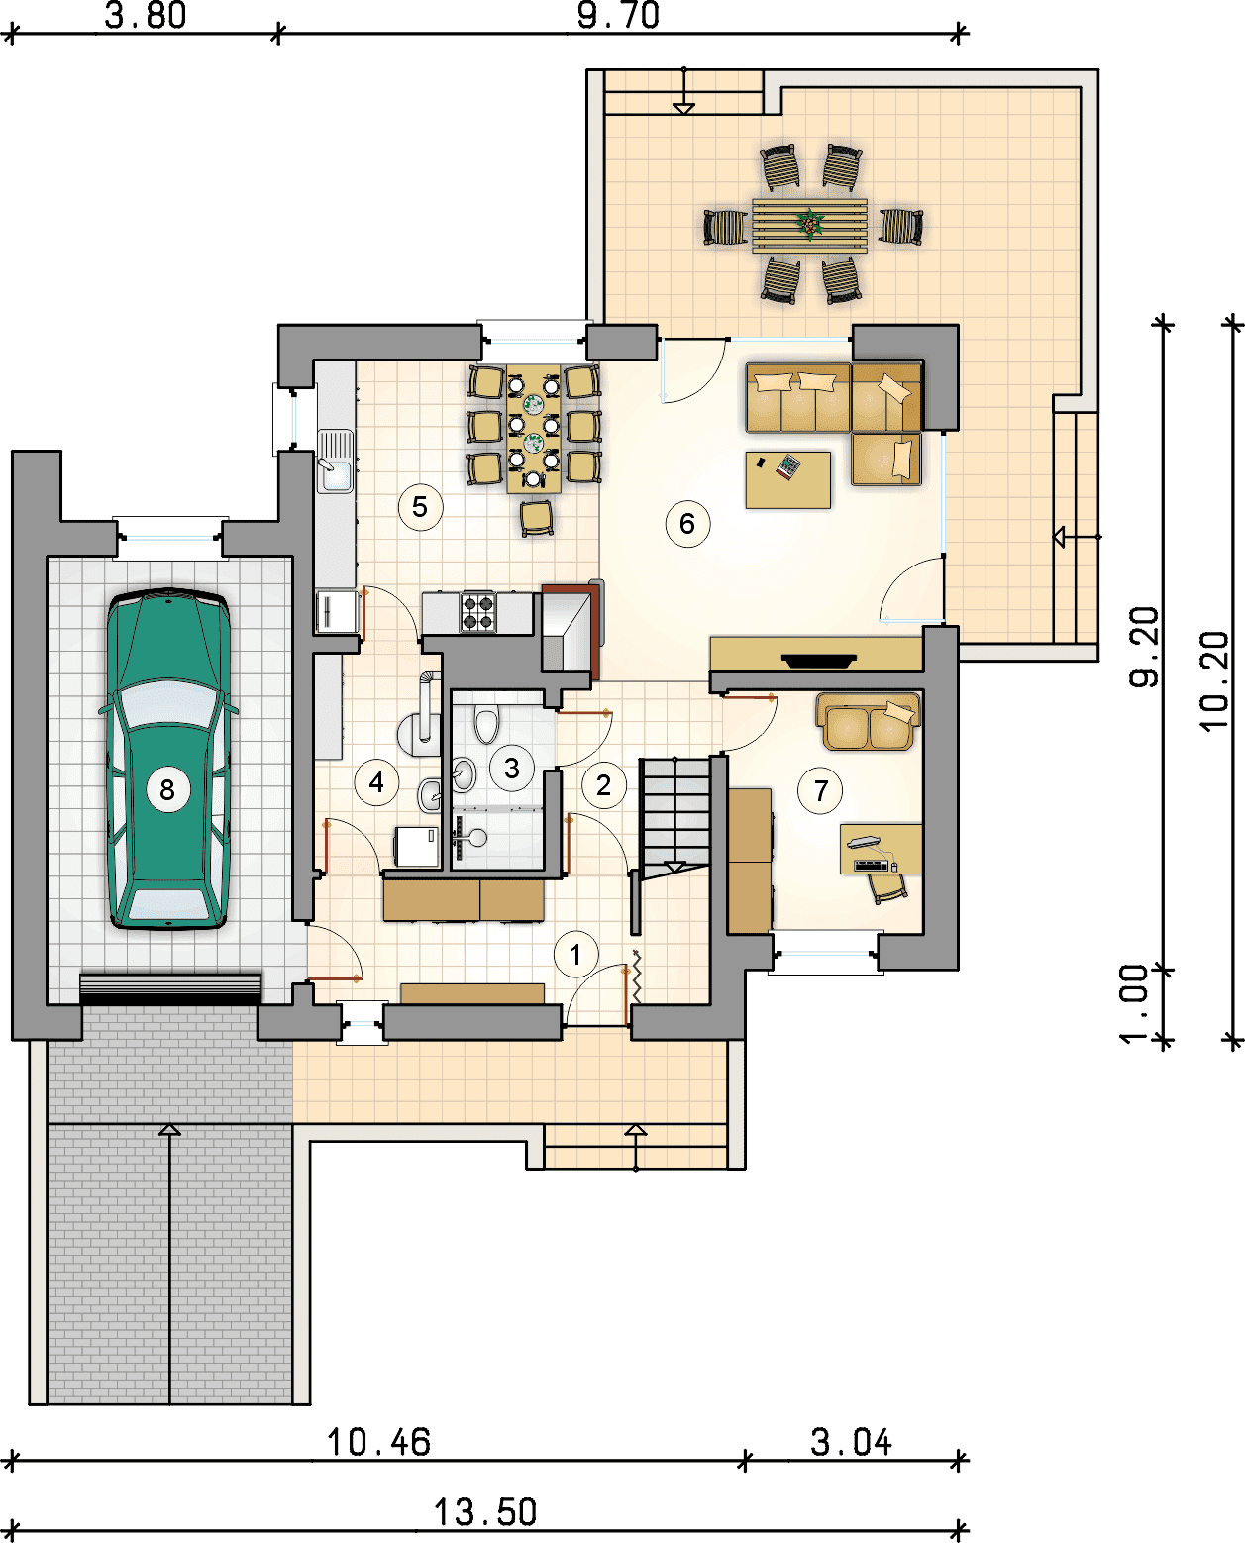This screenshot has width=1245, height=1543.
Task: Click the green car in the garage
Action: point(168,760)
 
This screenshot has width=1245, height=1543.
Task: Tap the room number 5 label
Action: point(420,507)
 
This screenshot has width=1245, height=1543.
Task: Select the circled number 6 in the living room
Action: point(687,524)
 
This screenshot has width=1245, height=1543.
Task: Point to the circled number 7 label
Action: point(820,791)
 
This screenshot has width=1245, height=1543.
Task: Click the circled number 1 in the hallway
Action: point(575,955)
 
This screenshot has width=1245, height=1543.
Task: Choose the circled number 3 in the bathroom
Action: point(511,768)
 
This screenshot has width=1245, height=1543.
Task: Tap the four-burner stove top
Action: point(478,612)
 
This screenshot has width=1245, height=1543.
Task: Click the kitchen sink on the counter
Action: point(335,462)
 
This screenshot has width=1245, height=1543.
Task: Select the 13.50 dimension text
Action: point(485,1512)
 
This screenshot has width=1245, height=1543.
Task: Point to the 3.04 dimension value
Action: point(851,1442)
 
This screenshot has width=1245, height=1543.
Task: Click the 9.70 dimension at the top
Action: point(618,16)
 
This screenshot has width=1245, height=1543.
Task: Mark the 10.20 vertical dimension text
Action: point(1215,680)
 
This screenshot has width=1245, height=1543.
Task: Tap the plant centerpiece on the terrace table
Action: point(809,224)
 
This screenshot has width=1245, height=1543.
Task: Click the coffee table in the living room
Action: point(788,479)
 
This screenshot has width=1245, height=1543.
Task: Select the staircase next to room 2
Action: point(674,817)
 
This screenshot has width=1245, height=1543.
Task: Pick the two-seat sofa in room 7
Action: point(869,721)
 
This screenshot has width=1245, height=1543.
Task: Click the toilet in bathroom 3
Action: point(486,723)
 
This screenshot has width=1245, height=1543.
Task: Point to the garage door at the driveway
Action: point(170,988)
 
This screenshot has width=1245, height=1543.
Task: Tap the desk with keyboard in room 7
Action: point(881,849)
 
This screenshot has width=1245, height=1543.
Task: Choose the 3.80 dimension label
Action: point(146,16)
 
